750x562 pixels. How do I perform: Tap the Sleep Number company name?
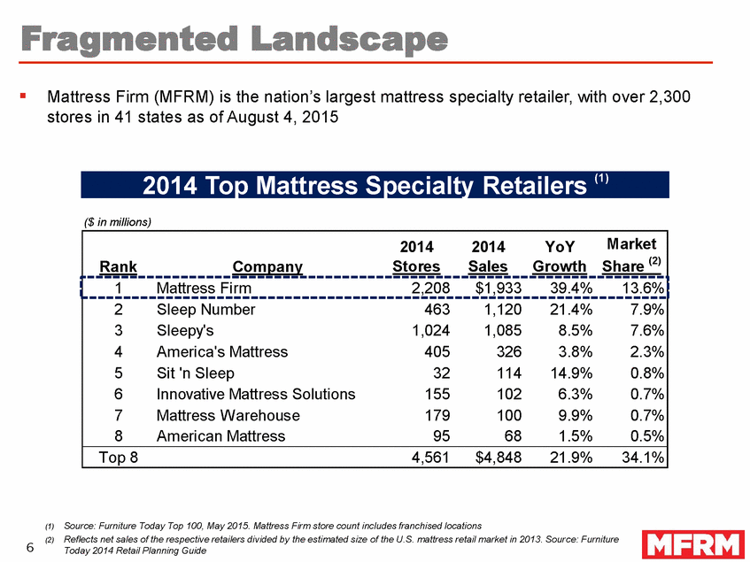(205, 309)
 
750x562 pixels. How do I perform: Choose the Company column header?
(267, 266)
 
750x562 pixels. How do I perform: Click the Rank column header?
(117, 266)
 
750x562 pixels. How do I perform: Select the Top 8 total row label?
(116, 458)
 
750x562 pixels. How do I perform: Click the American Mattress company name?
(220, 436)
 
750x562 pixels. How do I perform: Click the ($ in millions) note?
(118, 221)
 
